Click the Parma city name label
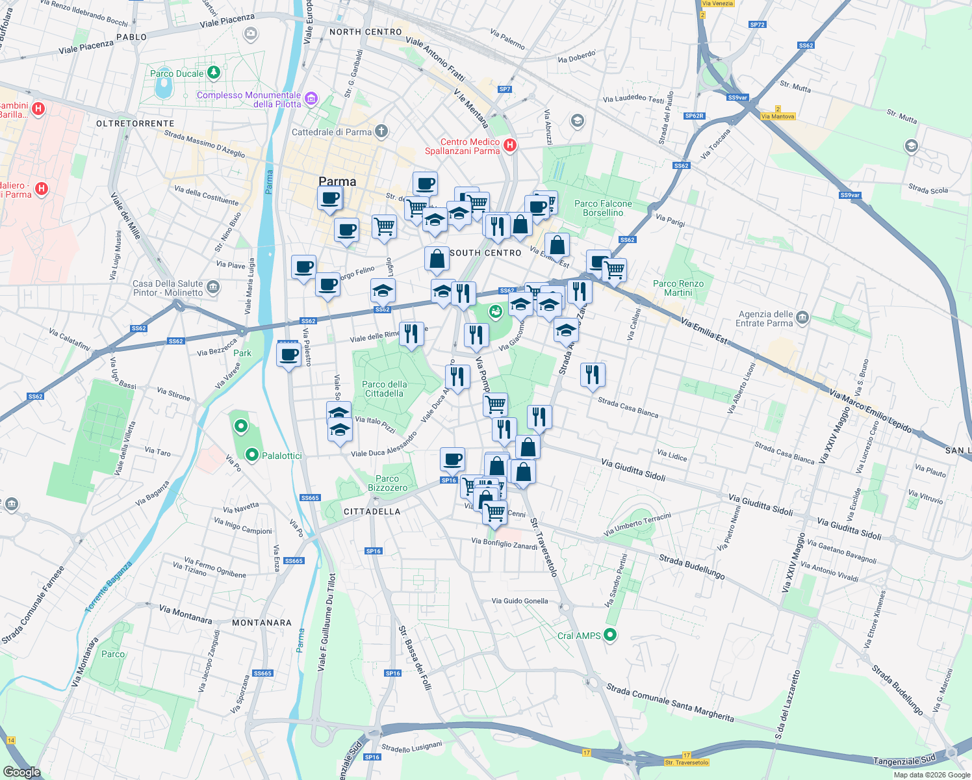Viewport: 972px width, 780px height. pos(337,181)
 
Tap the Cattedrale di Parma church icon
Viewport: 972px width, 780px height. pos(381,131)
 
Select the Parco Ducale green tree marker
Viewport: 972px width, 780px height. pos(213,73)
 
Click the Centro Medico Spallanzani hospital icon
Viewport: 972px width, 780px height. pos(510,146)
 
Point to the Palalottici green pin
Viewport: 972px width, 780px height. pos(252,455)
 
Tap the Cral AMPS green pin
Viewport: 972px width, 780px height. pos(609,635)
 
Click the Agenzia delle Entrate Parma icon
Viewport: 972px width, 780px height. pos(802,318)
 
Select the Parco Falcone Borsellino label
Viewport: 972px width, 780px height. pos(603,208)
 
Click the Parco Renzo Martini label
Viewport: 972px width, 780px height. pos(678,288)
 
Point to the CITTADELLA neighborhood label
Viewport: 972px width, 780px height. pos(372,512)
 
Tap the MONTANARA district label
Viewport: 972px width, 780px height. pos(262,623)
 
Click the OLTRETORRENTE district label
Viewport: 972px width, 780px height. pos(135,123)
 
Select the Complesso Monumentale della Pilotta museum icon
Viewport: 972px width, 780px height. pos(311,99)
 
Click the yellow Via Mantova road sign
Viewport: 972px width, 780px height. pos(778,116)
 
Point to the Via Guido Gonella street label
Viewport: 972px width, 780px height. pos(520,601)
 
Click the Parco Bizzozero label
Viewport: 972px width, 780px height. pos(387,483)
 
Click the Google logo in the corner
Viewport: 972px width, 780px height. pos(21,772)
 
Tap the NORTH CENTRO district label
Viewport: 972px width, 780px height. pos(366,32)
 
